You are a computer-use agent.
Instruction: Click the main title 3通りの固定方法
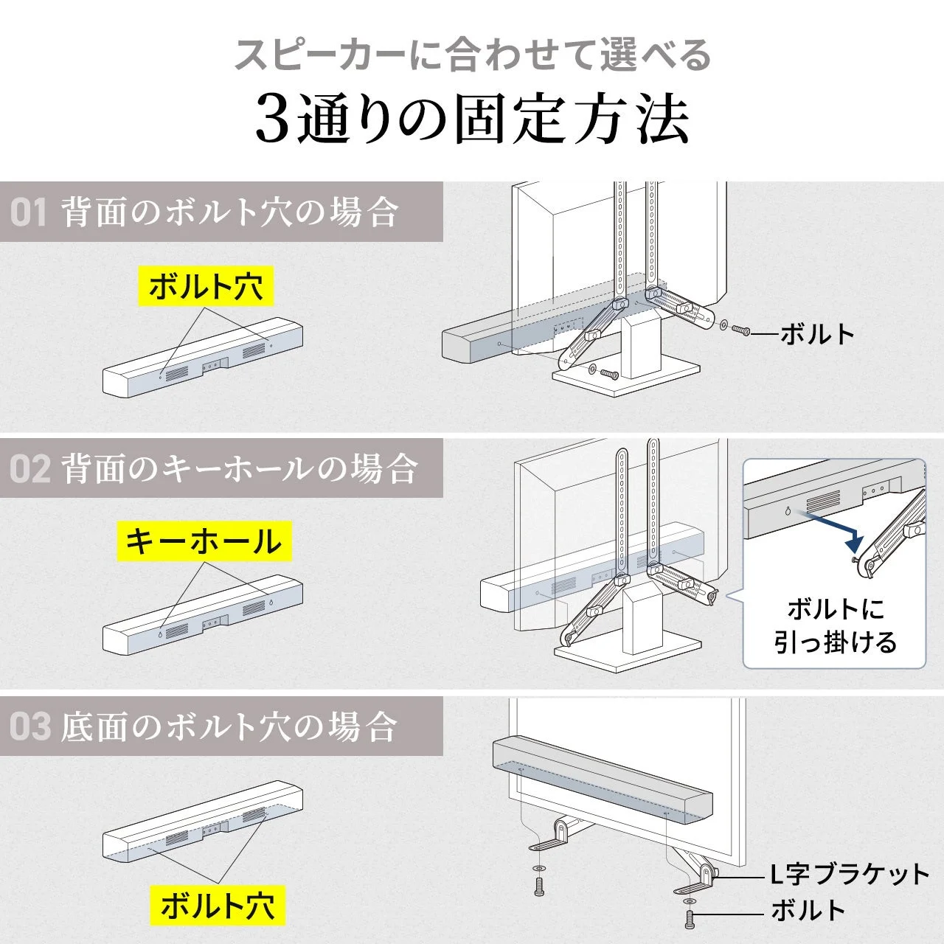click(472, 120)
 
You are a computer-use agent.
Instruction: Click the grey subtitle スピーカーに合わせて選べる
click(472, 56)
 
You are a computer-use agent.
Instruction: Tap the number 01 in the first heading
click(29, 212)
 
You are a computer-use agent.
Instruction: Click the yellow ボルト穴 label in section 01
click(206, 287)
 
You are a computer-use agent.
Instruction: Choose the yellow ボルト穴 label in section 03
click(218, 906)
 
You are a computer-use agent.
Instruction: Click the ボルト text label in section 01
click(816, 334)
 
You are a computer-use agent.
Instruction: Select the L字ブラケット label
click(850, 875)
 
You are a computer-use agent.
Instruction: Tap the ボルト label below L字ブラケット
click(808, 911)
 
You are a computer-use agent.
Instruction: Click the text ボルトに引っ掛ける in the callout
click(835, 626)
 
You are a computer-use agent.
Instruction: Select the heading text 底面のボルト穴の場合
click(229, 727)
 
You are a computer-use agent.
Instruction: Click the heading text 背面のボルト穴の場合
click(229, 212)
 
